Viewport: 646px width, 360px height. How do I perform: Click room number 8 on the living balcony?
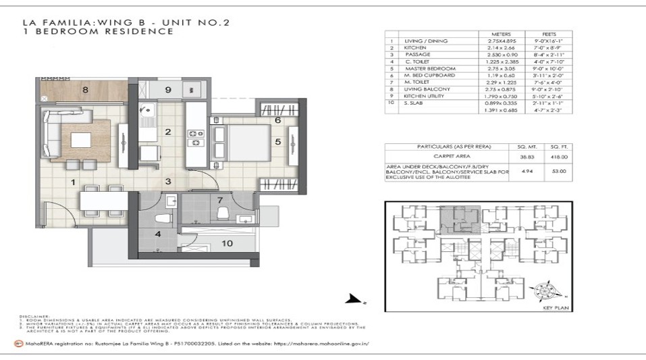coord(85,88)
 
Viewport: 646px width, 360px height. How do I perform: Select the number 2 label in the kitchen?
coord(168,132)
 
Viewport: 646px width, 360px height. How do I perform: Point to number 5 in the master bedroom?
coord(277,142)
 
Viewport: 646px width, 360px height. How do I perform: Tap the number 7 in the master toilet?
coord(220,201)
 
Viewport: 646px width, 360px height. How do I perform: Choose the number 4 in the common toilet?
coord(157,234)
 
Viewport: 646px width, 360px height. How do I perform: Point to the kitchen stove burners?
coord(196,137)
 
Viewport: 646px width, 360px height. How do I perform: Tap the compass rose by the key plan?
coord(544,292)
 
